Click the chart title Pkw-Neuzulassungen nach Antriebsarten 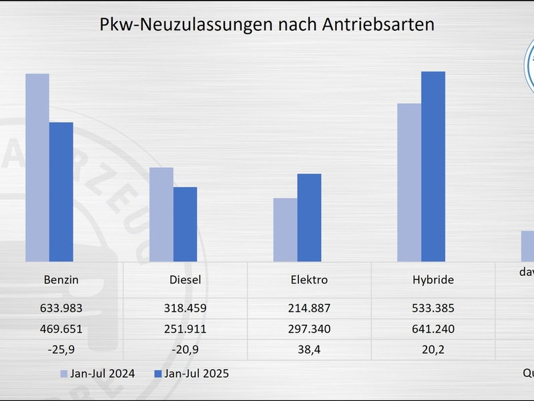pos(267,25)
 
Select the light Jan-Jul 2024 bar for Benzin pos(37,168)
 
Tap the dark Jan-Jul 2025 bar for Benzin pos(61,192)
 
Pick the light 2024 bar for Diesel pos(161,215)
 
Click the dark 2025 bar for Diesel pos(185,225)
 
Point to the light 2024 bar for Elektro pos(285,230)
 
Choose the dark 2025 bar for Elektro pos(309,218)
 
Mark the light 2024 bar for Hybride pos(409,182)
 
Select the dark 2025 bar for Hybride pos(433,166)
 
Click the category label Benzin pos(61,280)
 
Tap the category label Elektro pos(309,280)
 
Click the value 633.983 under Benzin pos(61,309)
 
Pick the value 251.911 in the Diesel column pos(185,329)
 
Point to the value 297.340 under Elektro pos(309,329)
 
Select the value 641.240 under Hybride pos(433,329)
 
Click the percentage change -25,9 pos(61,350)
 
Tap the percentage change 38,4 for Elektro pos(309,350)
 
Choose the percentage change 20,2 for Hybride pos(433,350)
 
